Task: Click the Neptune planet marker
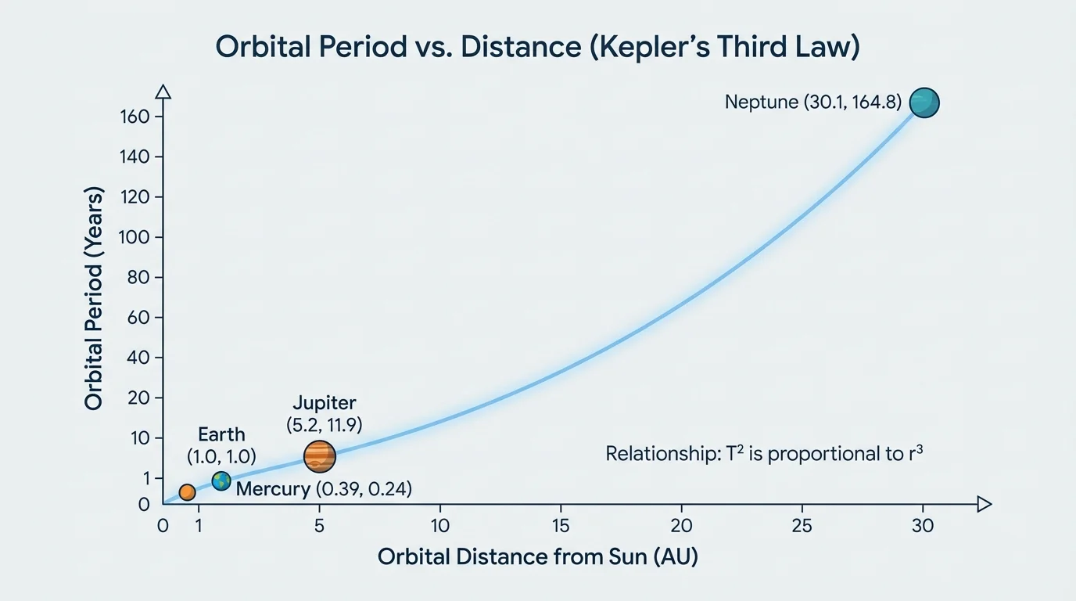924,103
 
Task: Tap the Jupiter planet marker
319,455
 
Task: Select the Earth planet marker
221,481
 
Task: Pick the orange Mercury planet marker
187,492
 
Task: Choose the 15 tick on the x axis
561,505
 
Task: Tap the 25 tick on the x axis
802,505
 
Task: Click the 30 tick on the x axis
923,505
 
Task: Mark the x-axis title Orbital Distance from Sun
537,557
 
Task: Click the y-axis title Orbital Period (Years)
94,298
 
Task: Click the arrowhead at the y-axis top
163,92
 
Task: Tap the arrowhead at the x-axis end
985,505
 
